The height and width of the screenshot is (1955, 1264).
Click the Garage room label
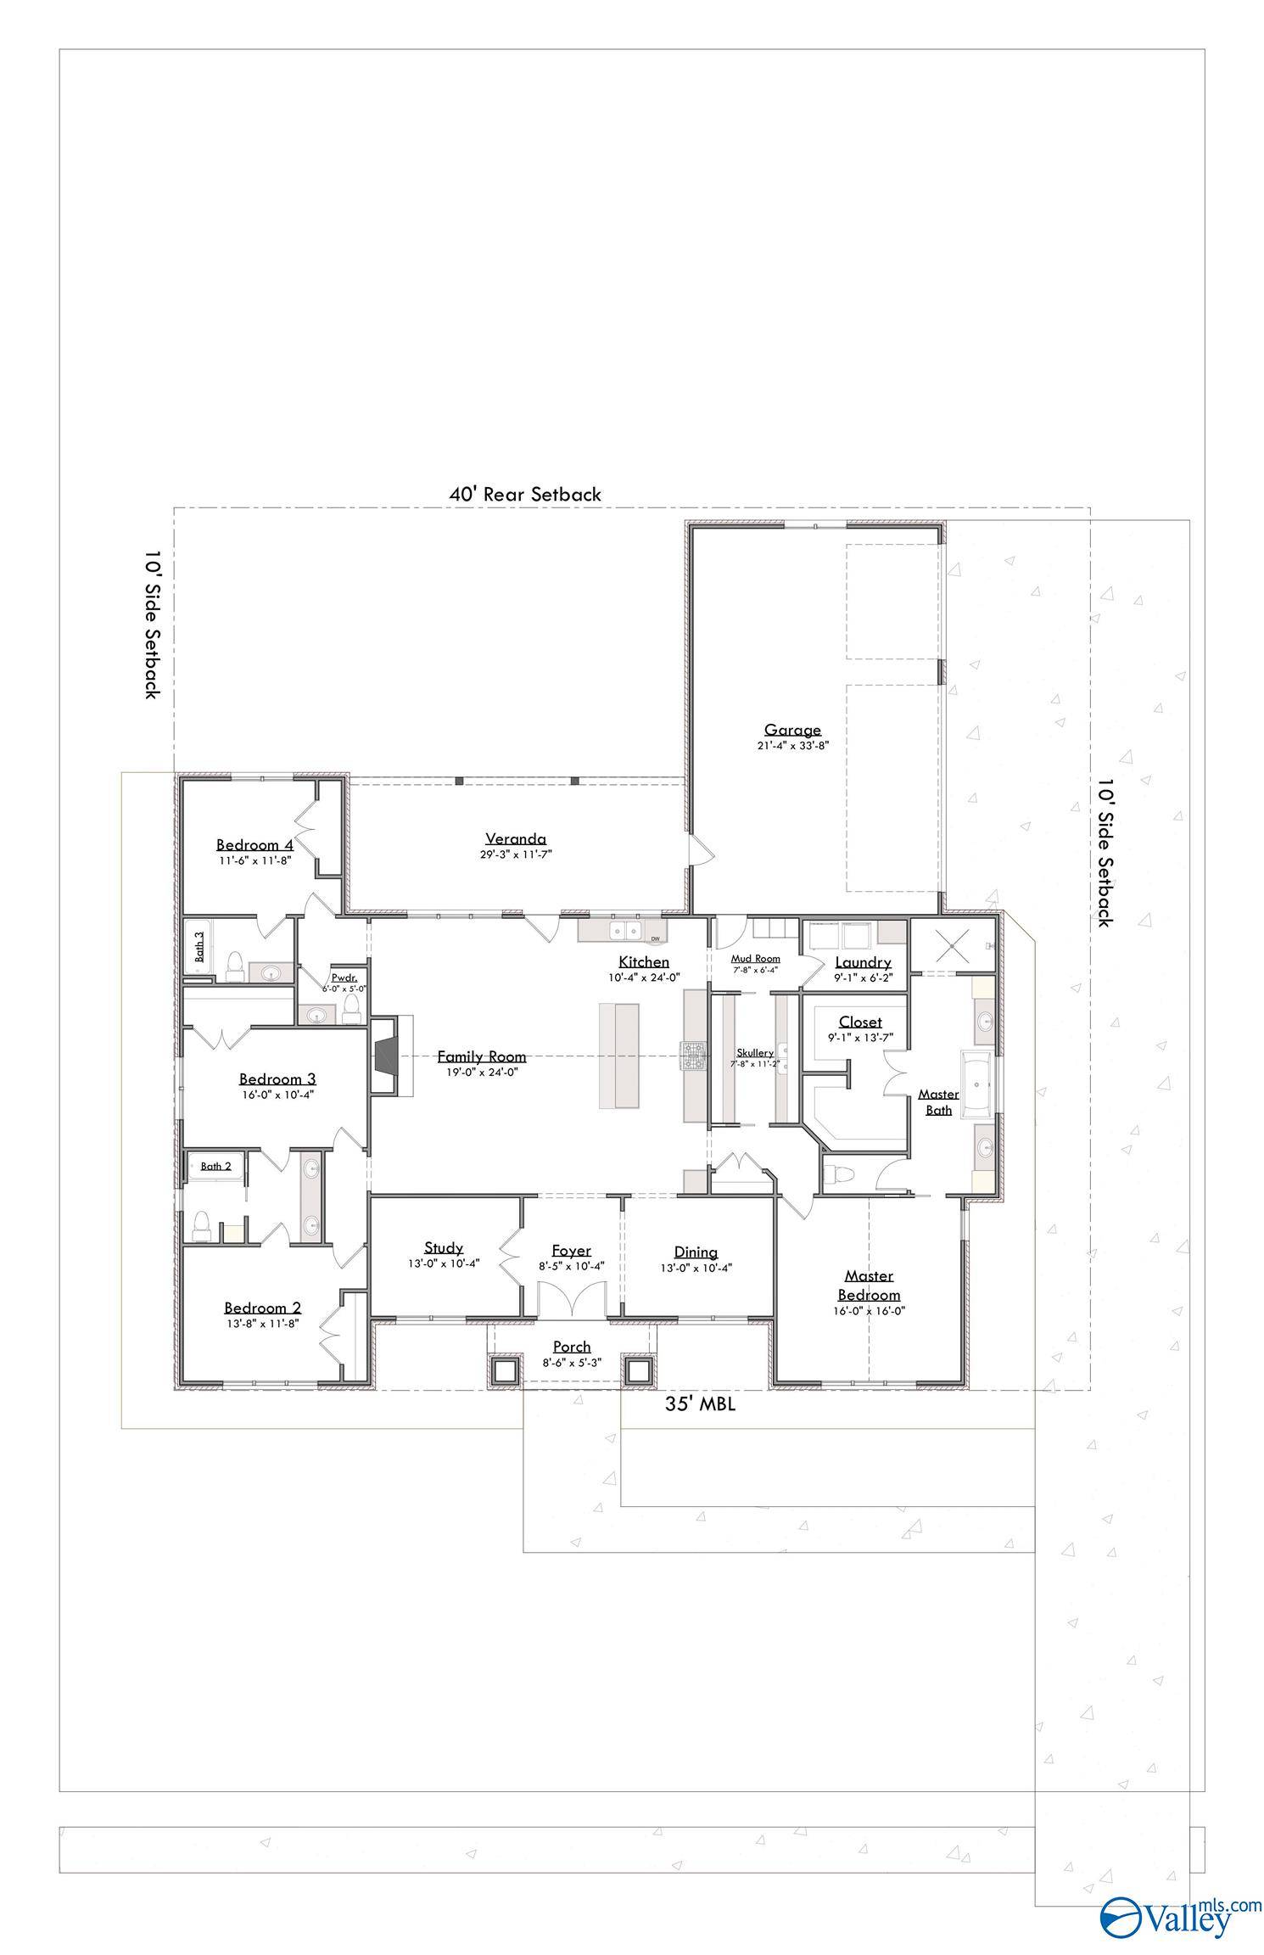point(792,730)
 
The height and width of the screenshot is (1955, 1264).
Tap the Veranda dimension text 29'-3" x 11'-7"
point(516,854)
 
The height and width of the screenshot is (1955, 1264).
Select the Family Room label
point(481,1056)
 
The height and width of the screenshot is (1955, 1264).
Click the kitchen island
point(619,1056)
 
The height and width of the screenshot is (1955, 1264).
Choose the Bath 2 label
point(216,1166)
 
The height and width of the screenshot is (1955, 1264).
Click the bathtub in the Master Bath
point(980,1085)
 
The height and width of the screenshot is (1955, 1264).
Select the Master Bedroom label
point(869,1286)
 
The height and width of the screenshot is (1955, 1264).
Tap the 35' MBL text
point(700,1404)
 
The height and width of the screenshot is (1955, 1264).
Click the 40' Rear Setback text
point(525,494)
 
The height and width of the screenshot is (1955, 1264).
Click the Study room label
point(444,1247)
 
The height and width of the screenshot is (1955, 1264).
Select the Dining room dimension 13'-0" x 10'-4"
point(696,1268)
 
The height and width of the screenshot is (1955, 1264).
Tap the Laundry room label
point(863,962)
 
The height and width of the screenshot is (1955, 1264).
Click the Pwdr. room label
point(344,977)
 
